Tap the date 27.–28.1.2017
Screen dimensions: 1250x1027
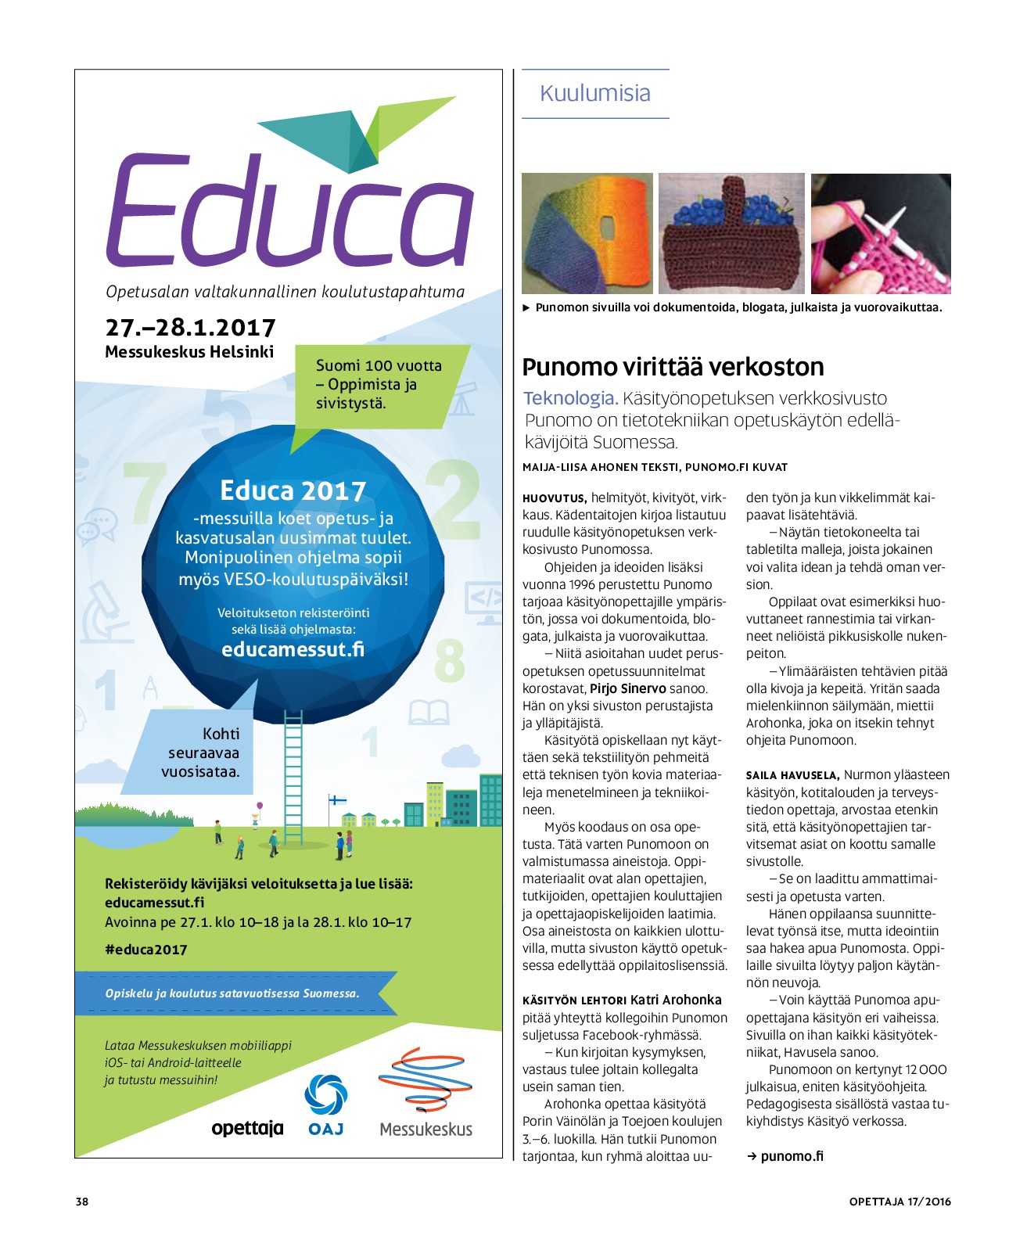click(x=190, y=328)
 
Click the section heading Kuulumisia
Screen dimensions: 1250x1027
click(x=595, y=94)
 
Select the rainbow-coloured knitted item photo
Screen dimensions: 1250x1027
click(x=587, y=233)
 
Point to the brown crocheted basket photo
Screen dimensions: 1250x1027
click(x=731, y=233)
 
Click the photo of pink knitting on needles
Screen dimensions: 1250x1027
click(x=881, y=233)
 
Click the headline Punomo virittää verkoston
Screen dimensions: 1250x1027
click(x=673, y=367)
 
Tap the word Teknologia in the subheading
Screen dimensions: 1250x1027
click(x=570, y=398)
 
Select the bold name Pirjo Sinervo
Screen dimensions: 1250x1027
click(x=628, y=688)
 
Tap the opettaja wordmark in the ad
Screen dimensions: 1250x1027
click(x=247, y=1128)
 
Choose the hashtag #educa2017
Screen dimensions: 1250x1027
click(x=146, y=950)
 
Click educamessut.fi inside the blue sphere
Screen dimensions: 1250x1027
click(x=293, y=649)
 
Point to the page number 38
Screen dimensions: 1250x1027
click(x=82, y=1202)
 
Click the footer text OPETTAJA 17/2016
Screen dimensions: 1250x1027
click(x=900, y=1202)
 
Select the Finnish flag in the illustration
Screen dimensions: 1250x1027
click(x=337, y=800)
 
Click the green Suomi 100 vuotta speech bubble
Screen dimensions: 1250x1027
click(x=379, y=385)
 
